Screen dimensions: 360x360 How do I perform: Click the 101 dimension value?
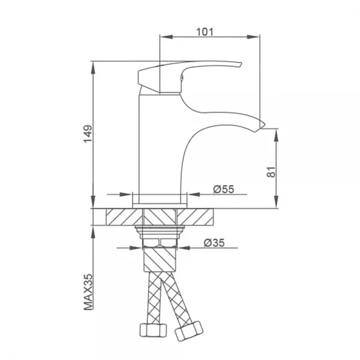click(x=205, y=32)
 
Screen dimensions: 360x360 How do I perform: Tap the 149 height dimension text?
click(x=88, y=134)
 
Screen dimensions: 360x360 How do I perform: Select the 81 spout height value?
click(x=271, y=172)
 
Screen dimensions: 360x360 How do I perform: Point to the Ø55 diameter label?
click(x=224, y=189)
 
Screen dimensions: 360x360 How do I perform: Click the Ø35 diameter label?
click(x=214, y=242)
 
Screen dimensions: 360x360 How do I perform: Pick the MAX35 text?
click(x=88, y=292)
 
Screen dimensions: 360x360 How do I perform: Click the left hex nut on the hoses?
click(x=153, y=330)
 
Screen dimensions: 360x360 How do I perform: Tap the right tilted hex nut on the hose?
click(x=189, y=331)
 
